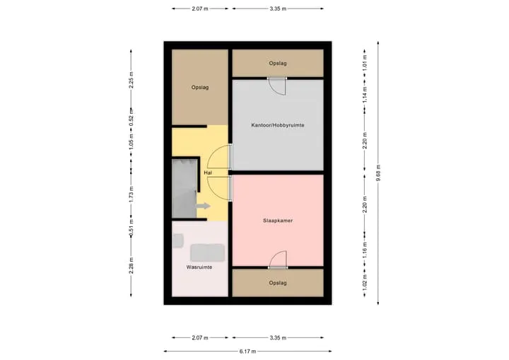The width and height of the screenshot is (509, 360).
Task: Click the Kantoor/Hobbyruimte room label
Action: point(278,125)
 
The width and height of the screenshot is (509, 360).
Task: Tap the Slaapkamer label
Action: point(278,221)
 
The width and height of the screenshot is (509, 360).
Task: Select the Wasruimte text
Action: point(199,267)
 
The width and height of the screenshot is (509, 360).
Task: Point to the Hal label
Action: point(208,173)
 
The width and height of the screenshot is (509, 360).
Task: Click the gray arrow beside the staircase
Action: point(203,206)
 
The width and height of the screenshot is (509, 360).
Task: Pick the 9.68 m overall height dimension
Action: point(378,173)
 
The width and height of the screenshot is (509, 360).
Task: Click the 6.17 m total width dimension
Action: point(247,352)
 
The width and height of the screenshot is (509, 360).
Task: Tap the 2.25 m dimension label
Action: point(131,80)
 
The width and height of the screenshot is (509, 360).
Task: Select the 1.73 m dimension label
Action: point(131,194)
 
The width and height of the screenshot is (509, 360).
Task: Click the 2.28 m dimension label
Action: point(131,265)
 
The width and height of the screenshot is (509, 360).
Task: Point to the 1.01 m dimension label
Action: point(365,63)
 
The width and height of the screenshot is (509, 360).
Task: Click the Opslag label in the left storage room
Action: point(200,88)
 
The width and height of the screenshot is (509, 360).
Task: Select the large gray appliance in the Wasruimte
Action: point(207,252)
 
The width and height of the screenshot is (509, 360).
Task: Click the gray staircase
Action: point(185,188)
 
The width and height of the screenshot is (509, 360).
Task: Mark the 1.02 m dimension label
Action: point(365,283)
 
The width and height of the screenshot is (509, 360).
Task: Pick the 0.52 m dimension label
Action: point(131,117)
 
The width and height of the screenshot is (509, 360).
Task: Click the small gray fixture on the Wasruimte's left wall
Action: point(177,240)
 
